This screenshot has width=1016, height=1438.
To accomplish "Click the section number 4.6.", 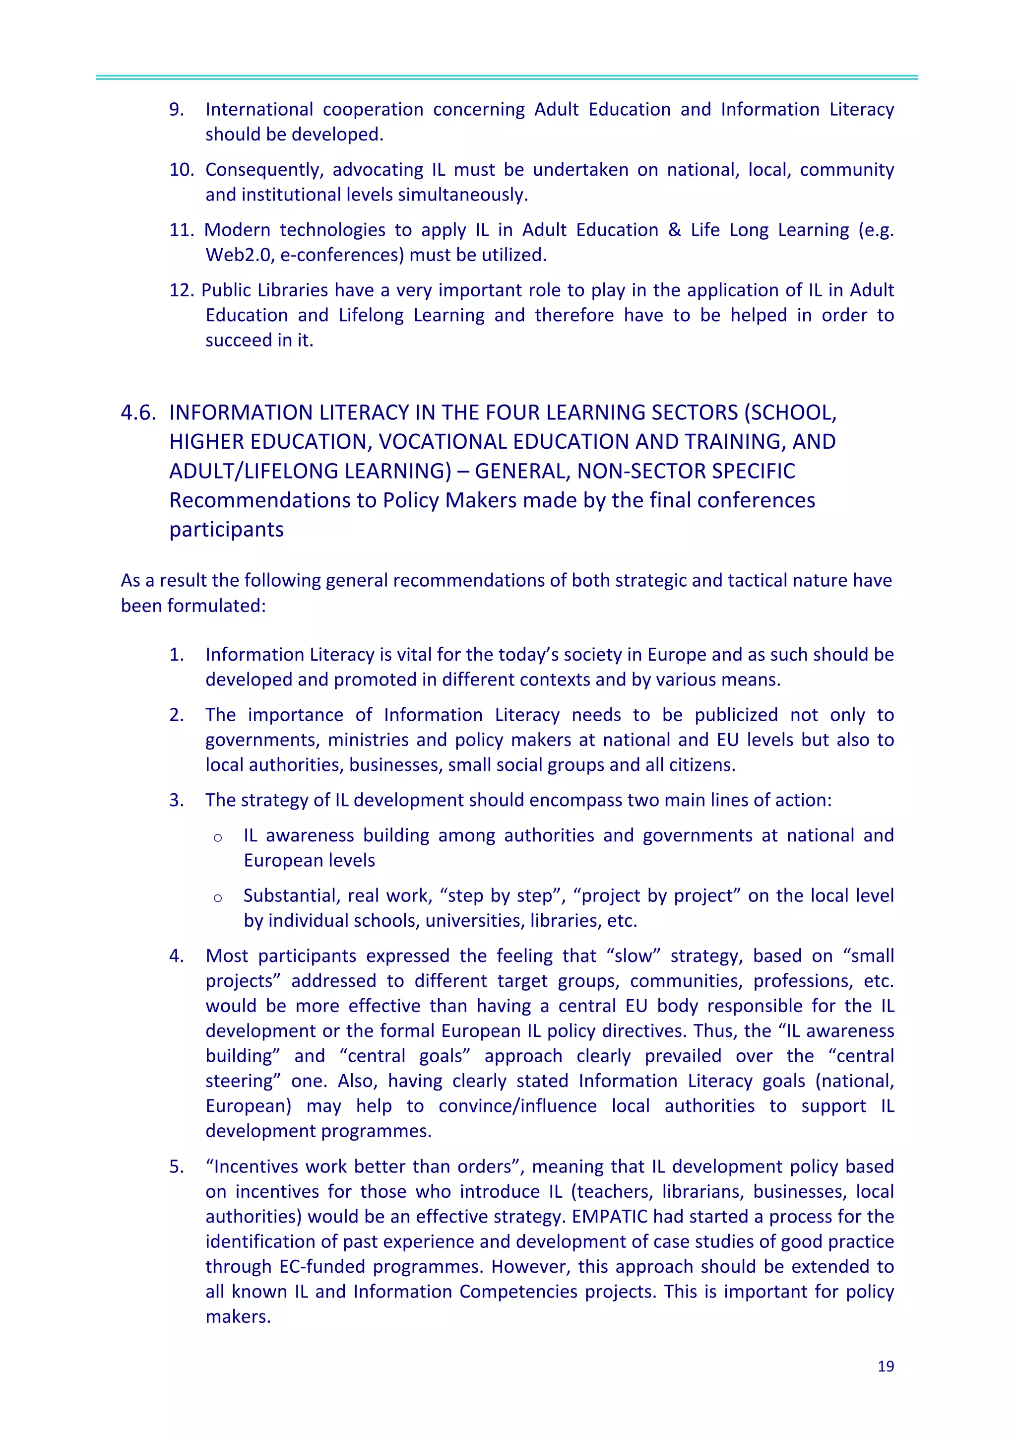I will click(138, 412).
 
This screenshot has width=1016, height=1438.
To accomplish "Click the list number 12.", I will click(182, 290).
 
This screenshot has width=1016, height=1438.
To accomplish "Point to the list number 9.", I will click(177, 109).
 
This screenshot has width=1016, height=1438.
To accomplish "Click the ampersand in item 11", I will click(674, 230).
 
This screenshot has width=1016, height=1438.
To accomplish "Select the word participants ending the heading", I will click(226, 529).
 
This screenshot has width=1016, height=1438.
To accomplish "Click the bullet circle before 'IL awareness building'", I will click(218, 837).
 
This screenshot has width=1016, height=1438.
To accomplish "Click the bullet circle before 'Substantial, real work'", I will click(218, 897).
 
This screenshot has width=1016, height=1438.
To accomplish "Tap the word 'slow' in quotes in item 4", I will click(634, 955).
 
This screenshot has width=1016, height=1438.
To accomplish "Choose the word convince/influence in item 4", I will click(517, 1105).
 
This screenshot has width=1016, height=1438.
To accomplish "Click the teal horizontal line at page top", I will click(507, 77).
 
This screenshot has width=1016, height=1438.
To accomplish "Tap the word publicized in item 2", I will click(736, 715).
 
